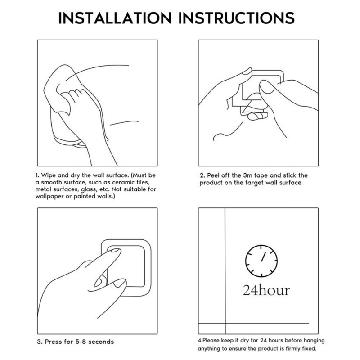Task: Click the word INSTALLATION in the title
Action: pyautogui.click(x=115, y=18)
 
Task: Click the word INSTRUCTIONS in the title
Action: pyautogui.click(x=237, y=18)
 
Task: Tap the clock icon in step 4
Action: pyautogui.click(x=261, y=261)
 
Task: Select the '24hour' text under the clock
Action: pyautogui.click(x=266, y=290)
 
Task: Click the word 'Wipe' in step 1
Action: pyautogui.click(x=49, y=175)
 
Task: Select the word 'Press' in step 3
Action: pyautogui.click(x=54, y=342)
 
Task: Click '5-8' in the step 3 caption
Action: pyautogui.click(x=81, y=342)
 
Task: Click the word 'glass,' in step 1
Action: pyautogui.click(x=88, y=189)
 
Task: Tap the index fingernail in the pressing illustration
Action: pyautogui.click(x=115, y=251)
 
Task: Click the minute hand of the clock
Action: pyautogui.click(x=263, y=257)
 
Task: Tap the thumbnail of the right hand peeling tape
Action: pyautogui.click(x=266, y=87)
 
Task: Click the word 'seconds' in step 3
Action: pyautogui.click(x=101, y=342)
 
